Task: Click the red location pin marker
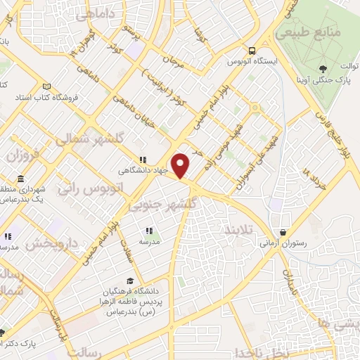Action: pos(181,165)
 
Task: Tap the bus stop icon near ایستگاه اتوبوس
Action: pos(251,51)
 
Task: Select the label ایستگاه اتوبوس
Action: pos(277,61)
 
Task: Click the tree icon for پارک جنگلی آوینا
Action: pos(323,68)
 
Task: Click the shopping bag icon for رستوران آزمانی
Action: pos(283,231)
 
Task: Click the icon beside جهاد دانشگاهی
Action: pos(143,159)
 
